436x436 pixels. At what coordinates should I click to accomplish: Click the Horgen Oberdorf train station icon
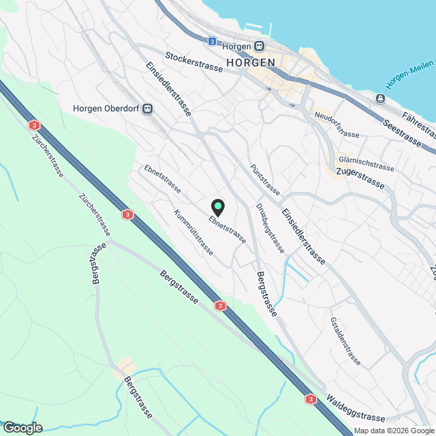[148, 108]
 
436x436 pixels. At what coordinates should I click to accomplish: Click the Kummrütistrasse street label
[193, 232]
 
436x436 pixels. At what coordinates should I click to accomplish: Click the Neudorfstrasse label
[337, 125]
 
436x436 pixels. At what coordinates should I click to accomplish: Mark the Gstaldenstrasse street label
[345, 340]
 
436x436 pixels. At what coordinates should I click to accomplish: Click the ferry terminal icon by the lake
[379, 99]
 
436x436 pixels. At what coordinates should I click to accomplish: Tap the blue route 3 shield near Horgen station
[212, 42]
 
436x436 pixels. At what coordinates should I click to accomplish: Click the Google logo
[22, 427]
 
